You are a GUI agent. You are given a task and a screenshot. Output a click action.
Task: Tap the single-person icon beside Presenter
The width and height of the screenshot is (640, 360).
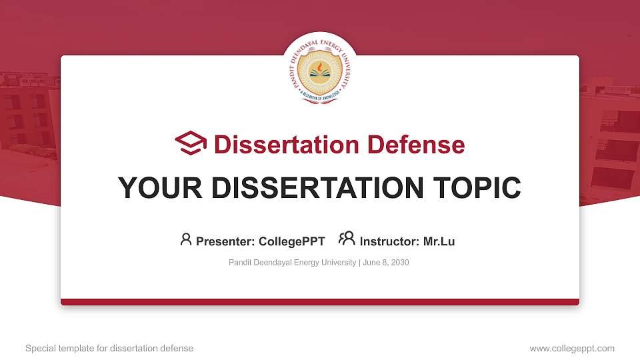tap(186, 239)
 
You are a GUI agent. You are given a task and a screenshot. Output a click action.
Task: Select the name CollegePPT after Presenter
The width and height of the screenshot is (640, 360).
tap(293, 241)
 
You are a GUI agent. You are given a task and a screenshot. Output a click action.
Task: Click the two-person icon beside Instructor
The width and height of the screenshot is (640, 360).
tap(347, 239)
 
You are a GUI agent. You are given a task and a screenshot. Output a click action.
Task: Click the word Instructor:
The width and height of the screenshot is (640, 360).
tap(389, 241)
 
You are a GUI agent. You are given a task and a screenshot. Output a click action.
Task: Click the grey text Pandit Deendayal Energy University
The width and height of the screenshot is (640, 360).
tap(292, 263)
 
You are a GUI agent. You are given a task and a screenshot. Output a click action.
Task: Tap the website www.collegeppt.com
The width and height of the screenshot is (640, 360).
tap(571, 348)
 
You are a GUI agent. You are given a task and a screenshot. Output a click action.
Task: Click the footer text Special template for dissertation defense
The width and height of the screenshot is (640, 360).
tap(109, 348)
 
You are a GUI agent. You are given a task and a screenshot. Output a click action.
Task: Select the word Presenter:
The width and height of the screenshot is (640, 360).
tap(221, 241)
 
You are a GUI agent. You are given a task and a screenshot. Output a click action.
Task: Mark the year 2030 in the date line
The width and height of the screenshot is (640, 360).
tap(399, 263)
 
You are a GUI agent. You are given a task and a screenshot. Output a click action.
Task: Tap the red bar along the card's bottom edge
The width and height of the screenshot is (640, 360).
tap(320, 302)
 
